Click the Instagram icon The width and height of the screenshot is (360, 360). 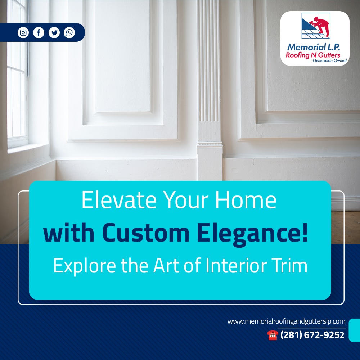[x=23, y=33]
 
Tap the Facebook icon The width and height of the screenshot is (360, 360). [x=39, y=33]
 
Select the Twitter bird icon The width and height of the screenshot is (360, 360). [x=54, y=33]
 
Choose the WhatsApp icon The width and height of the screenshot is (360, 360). [x=69, y=33]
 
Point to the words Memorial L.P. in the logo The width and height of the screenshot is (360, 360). [x=314, y=47]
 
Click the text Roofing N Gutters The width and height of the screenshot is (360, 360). [x=313, y=55]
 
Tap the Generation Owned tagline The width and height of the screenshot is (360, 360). [x=330, y=60]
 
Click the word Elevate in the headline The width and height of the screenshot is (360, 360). [x=119, y=200]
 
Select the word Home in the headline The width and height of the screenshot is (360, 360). [x=246, y=200]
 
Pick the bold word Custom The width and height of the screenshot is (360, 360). [x=146, y=233]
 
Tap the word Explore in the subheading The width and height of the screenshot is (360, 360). [x=85, y=266]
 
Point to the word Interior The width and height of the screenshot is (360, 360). [x=236, y=265]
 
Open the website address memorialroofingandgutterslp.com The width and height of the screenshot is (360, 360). [x=286, y=321]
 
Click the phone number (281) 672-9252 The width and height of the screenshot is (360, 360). [x=312, y=335]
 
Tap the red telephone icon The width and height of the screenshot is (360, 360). [x=273, y=335]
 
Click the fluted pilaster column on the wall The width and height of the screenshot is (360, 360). [x=209, y=90]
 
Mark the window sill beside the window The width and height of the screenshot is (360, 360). [x=28, y=148]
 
